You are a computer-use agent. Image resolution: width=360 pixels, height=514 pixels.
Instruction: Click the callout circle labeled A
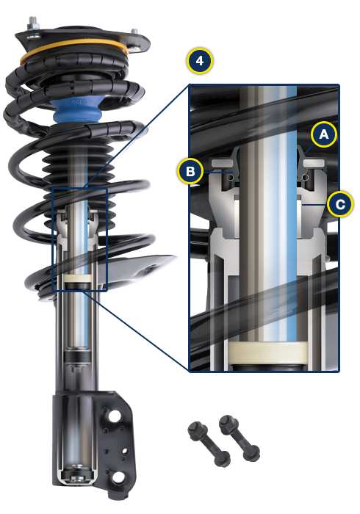tap(324, 134)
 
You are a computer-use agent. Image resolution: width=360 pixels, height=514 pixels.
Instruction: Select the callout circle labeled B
tap(190, 172)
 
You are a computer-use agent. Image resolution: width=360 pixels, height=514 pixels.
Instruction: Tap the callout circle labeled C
tap(339, 203)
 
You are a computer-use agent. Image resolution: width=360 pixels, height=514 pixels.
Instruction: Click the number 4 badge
tap(200, 62)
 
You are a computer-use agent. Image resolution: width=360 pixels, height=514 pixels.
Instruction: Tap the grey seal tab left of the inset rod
tap(222, 159)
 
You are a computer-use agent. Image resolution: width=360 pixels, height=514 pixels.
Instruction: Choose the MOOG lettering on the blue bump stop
tap(80, 101)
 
